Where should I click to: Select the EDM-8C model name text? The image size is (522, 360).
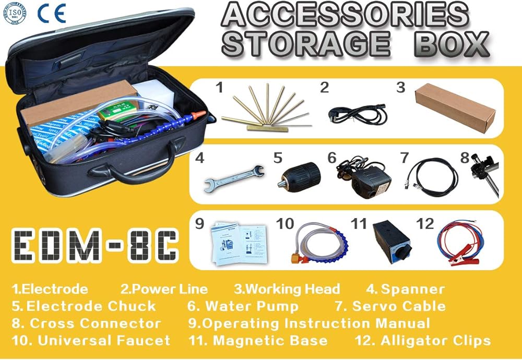[x=95, y=245]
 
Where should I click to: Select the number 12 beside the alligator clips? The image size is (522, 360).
[x=425, y=224]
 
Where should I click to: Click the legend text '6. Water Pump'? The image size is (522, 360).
[x=243, y=306]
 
